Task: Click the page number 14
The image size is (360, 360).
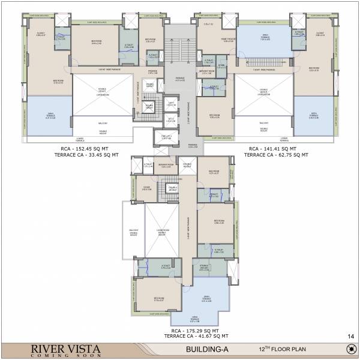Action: (x=349, y=335)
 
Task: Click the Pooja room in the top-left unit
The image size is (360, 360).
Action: (x=150, y=85)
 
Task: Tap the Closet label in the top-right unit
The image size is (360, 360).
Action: (x=320, y=34)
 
